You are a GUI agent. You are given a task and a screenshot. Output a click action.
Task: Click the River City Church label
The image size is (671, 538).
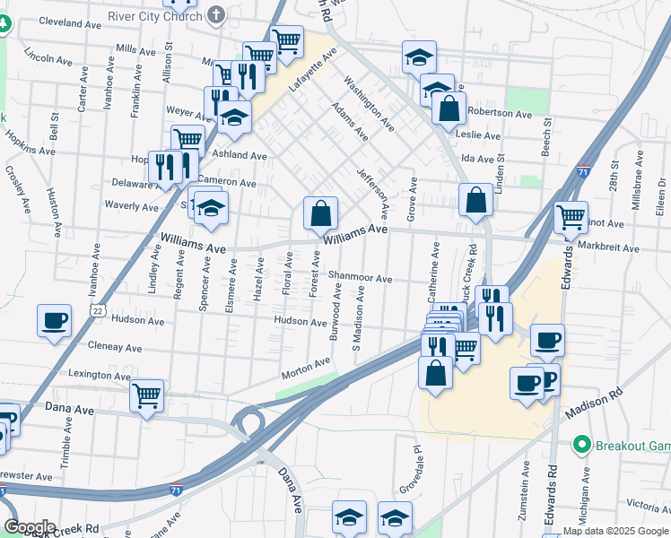(x=154, y=16)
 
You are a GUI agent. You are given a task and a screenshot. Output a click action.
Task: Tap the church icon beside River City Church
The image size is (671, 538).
(x=216, y=15)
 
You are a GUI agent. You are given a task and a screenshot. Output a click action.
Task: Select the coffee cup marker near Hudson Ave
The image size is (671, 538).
(x=54, y=320)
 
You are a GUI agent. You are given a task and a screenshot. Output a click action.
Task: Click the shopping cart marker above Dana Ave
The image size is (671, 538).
(x=146, y=395)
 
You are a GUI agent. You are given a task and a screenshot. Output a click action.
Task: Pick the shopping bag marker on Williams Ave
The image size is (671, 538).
(x=320, y=213)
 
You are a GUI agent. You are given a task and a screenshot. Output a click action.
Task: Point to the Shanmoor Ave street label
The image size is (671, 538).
(x=360, y=278)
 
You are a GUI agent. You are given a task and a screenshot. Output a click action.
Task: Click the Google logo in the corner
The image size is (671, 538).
(x=30, y=526)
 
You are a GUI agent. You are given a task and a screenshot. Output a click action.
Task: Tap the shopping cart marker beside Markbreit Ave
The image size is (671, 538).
(x=571, y=216)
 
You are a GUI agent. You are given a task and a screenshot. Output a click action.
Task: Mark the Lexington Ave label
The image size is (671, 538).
(x=100, y=374)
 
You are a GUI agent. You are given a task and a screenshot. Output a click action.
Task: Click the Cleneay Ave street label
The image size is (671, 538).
(x=115, y=347)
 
